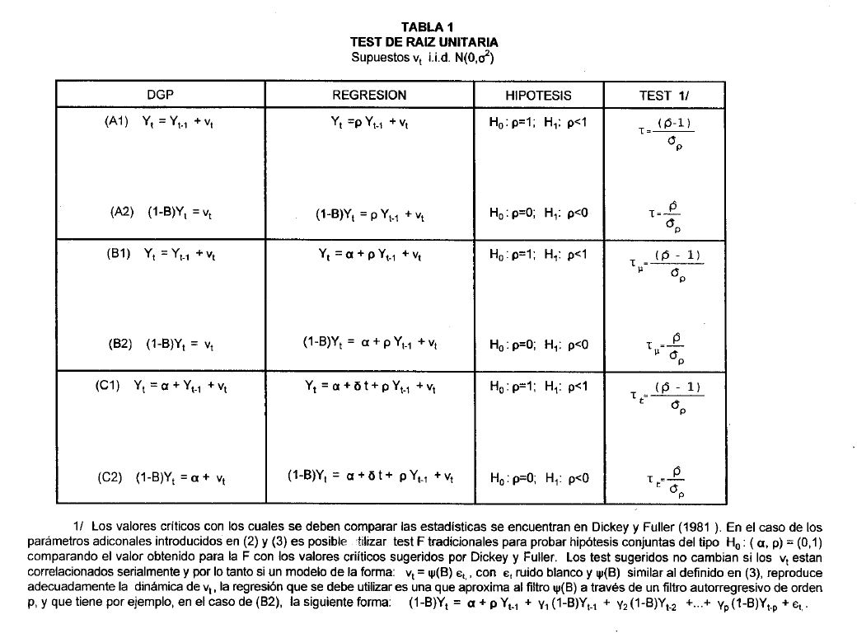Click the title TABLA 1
pos(428,28)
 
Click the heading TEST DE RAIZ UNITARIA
pos(424,41)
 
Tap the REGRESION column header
pos(369,95)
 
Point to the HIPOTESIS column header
pos(538,95)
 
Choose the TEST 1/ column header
pos(663,96)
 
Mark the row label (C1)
pos(112,386)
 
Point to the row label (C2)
pos(112,476)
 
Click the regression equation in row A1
pos(370,122)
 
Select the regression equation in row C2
pos(370,476)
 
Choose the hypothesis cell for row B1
pos(538,256)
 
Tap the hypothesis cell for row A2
pos(538,213)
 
